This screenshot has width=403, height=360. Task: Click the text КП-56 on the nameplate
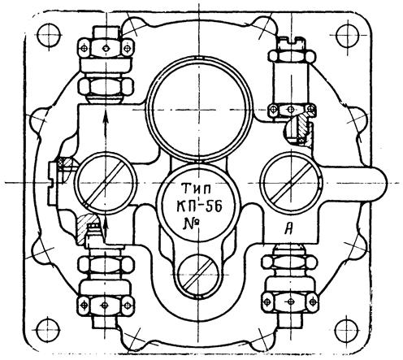pos(199,207)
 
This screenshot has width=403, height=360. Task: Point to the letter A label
pos(289,230)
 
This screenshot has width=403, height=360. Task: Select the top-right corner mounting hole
pos(348,35)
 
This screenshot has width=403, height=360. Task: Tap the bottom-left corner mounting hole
pos(48,331)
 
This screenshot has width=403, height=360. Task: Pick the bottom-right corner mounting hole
pos(347,331)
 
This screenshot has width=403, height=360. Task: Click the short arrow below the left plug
pos(106,228)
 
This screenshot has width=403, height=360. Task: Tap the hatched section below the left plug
pos(85,226)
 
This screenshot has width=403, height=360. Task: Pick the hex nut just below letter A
pos(289,262)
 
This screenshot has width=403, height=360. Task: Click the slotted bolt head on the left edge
pos(53,184)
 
